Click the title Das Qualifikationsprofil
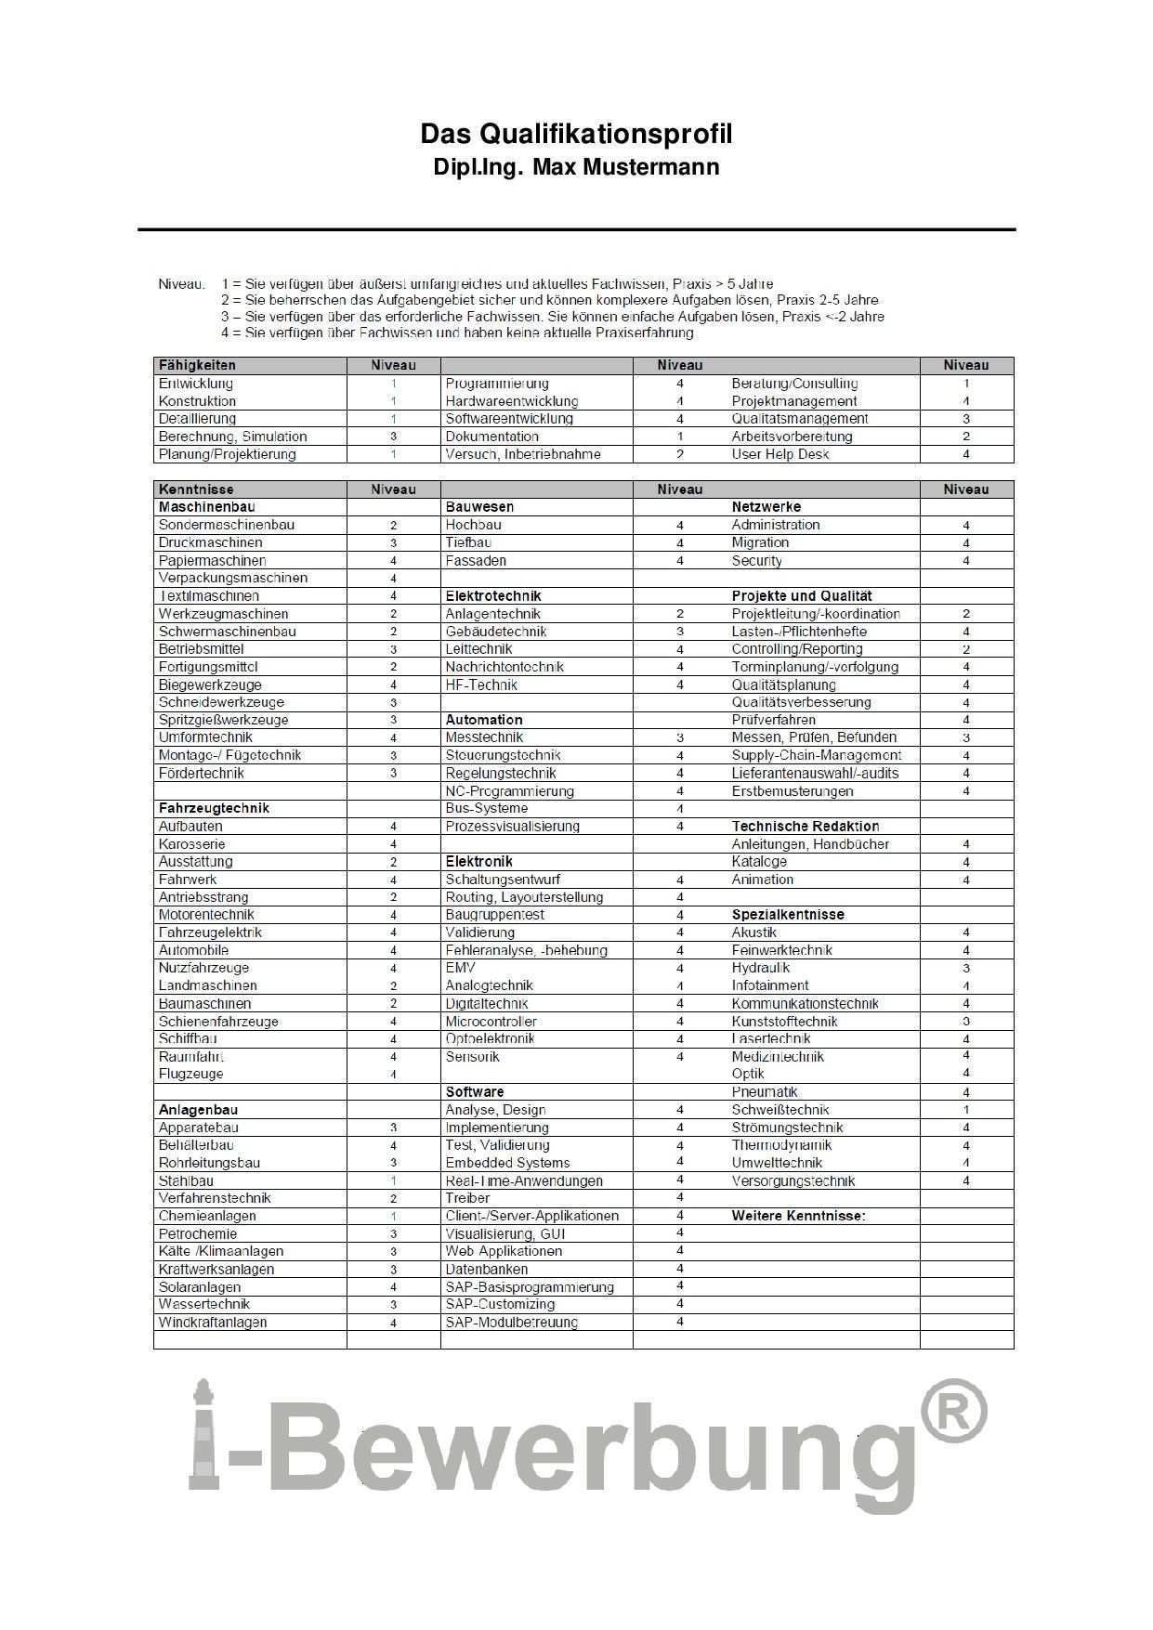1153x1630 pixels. tap(576, 135)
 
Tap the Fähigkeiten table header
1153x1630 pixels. tap(197, 365)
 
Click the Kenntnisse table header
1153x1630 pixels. tap(196, 489)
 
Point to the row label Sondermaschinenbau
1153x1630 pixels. tap(226, 525)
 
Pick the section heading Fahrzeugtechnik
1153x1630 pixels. tap(214, 808)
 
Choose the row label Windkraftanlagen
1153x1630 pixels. tap(213, 1323)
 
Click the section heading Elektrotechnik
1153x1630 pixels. tap(492, 596)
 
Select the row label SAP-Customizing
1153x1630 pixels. tap(500, 1305)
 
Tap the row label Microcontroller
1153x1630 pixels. tap(491, 1022)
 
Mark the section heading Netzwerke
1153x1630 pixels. tap(766, 507)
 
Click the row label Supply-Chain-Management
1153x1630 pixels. tap(816, 755)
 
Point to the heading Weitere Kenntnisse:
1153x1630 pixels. tap(798, 1216)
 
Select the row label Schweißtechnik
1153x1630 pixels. tap(780, 1110)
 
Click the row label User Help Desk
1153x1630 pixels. tap(780, 454)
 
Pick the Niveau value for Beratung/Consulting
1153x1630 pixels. tap(966, 384)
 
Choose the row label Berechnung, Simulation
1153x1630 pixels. tap(232, 437)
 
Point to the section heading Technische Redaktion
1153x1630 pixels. tap(805, 827)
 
